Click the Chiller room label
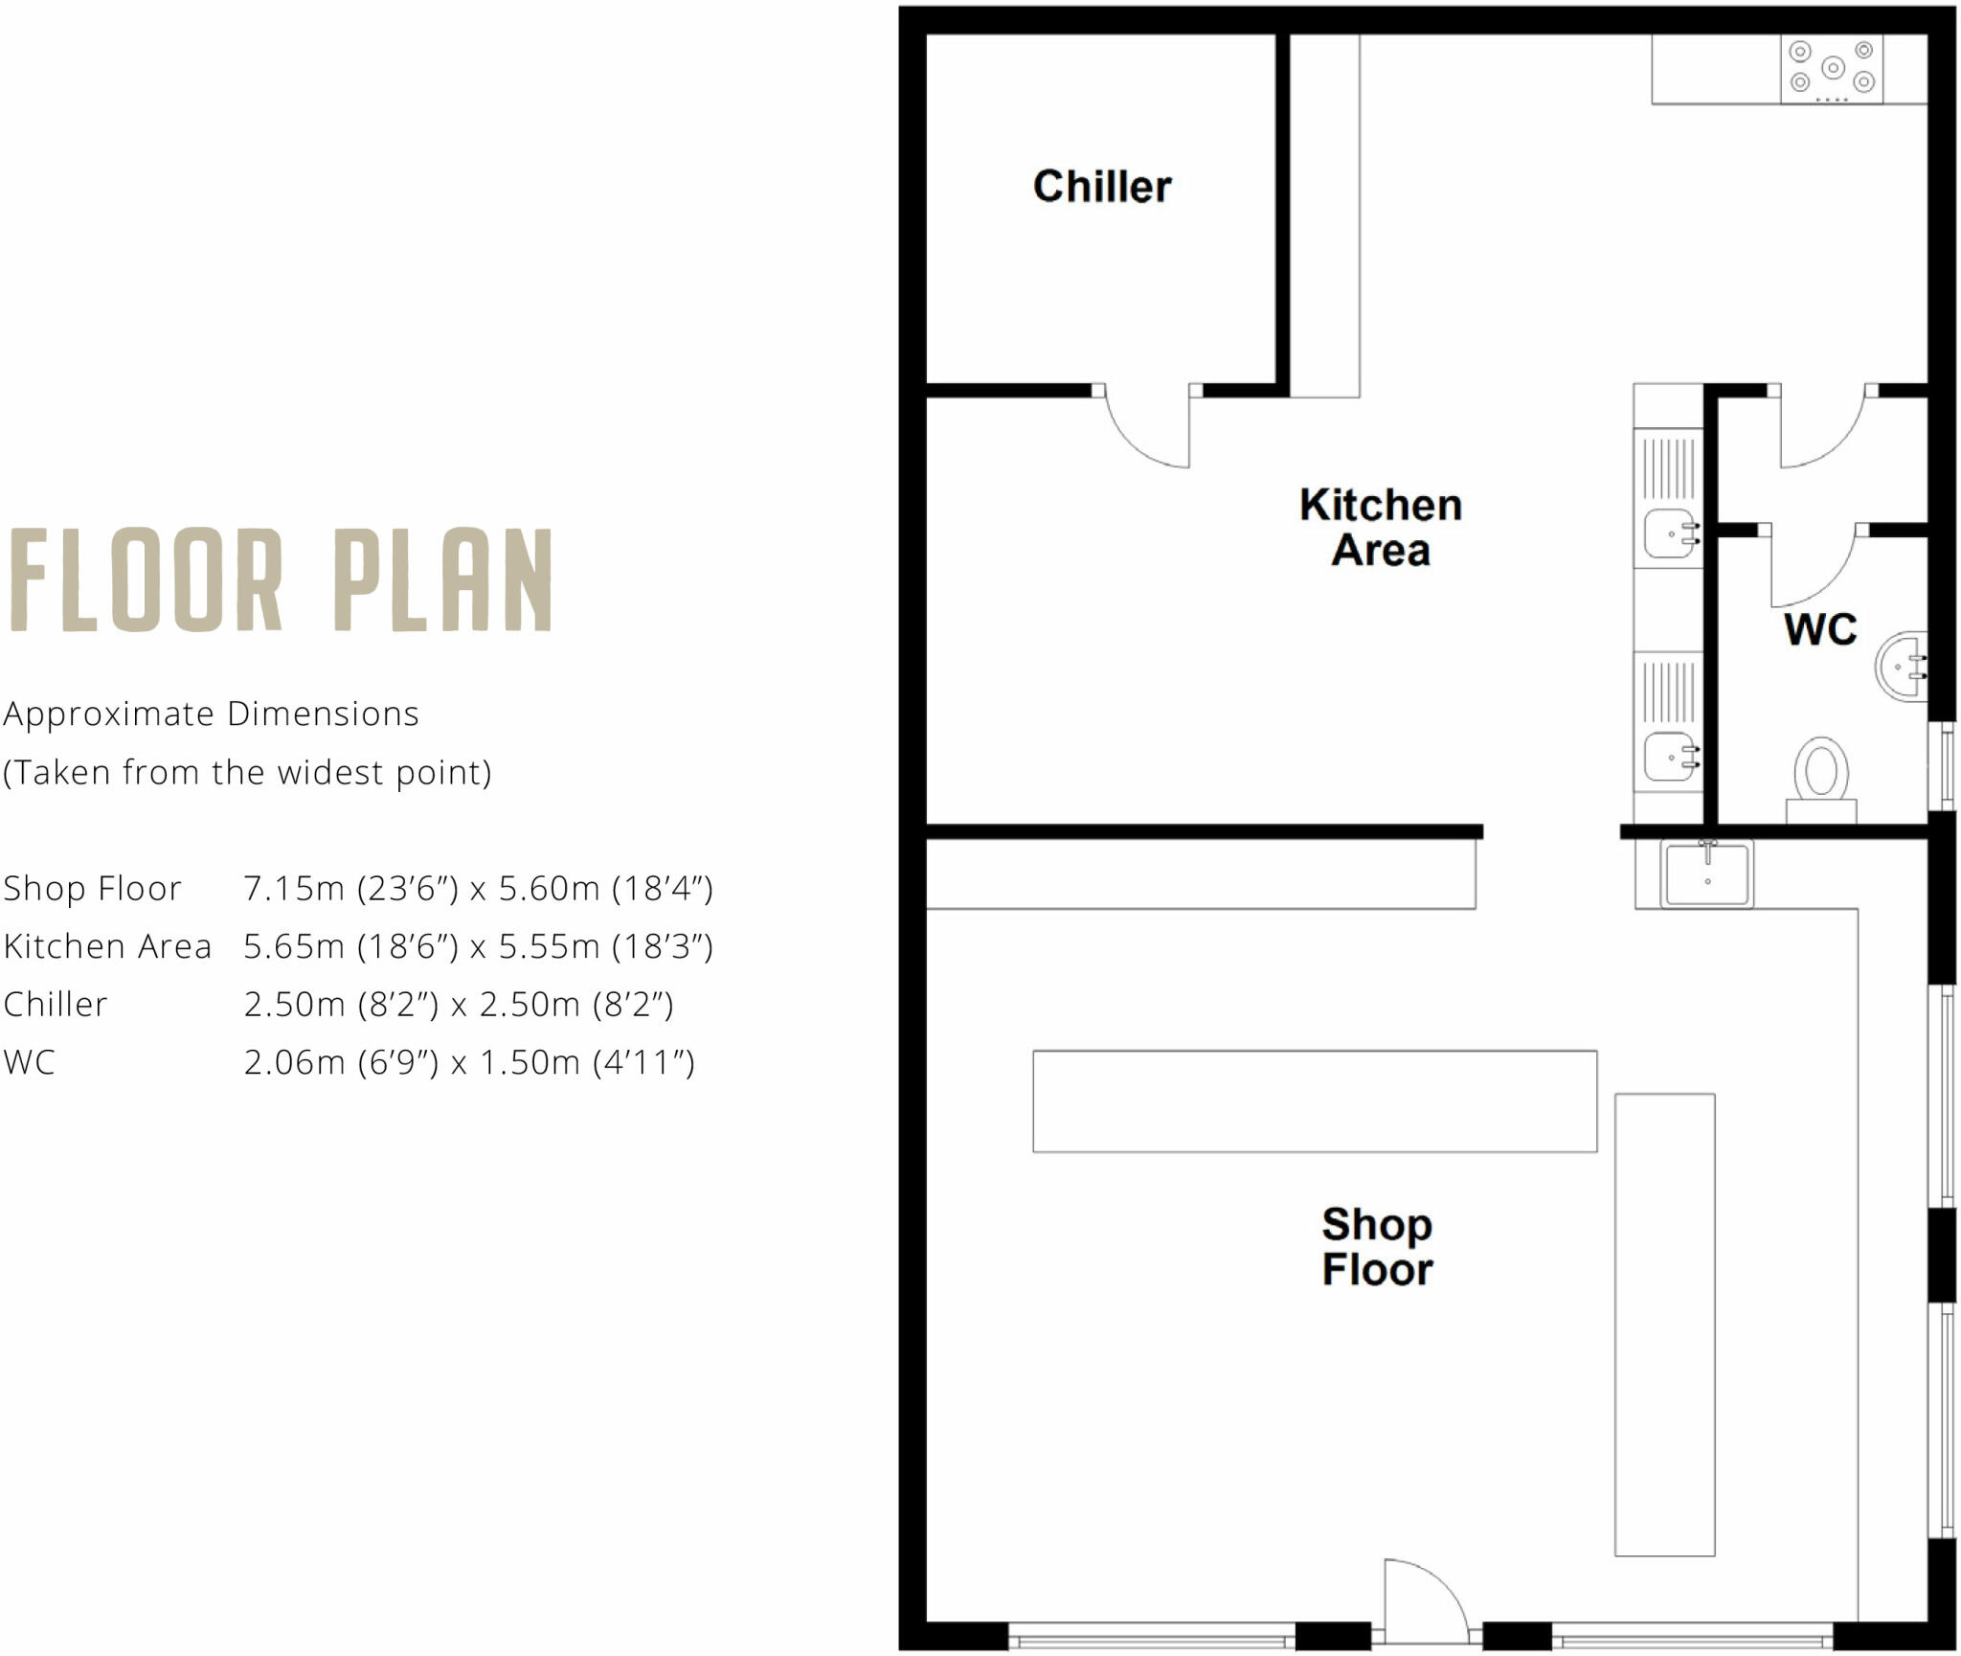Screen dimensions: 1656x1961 pyautogui.click(x=1101, y=186)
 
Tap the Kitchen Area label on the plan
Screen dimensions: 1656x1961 pyautogui.click(x=1380, y=527)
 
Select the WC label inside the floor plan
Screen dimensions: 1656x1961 pyautogui.click(x=1819, y=629)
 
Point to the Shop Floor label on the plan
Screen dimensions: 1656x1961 pyautogui.click(x=1377, y=1246)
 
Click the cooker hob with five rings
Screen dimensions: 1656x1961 pyautogui.click(x=1831, y=69)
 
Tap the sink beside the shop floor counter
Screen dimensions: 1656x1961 pyautogui.click(x=1707, y=873)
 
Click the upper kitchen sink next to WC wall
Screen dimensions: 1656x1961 pyautogui.click(x=1670, y=533)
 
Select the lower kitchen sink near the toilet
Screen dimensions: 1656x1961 pyautogui.click(x=1670, y=757)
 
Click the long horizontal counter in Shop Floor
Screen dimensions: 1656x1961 pyautogui.click(x=1314, y=1100)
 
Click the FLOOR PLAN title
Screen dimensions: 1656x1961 pyautogui.click(x=281, y=580)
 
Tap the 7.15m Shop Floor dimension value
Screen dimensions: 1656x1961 pyautogui.click(x=293, y=889)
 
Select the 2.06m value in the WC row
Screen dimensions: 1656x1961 pyautogui.click(x=293, y=1062)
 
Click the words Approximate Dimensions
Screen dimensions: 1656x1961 pyautogui.click(x=211, y=715)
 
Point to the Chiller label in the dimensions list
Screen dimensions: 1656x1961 pyautogui.click(x=56, y=1005)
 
